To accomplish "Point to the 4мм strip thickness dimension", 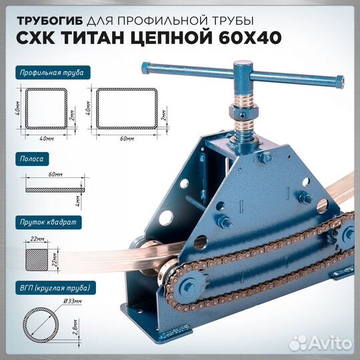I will click(x=77, y=199).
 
